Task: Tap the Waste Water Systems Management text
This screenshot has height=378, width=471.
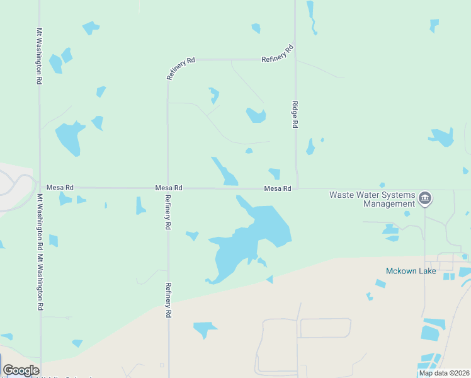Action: [372, 199]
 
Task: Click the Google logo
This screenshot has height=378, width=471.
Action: [21, 370]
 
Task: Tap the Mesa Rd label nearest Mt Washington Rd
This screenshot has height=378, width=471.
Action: [60, 188]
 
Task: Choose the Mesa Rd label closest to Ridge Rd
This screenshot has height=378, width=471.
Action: [278, 188]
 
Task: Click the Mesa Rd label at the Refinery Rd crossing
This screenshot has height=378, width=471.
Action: [169, 188]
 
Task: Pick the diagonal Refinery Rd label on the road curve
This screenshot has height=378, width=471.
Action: [181, 68]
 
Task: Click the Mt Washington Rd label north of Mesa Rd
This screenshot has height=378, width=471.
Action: [39, 57]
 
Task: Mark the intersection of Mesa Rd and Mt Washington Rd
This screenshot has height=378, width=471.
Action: [40, 188]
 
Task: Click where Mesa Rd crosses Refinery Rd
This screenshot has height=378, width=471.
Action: [167, 188]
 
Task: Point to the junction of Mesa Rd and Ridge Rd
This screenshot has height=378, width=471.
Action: [297, 188]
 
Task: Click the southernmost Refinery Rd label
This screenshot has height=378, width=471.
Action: [168, 300]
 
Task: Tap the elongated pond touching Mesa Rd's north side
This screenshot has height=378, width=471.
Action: [225, 172]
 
